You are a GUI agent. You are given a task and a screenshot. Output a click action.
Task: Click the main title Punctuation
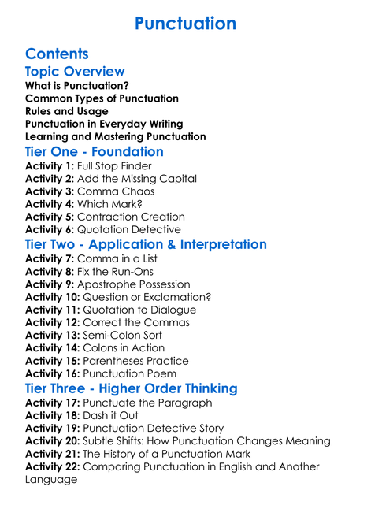(185, 24)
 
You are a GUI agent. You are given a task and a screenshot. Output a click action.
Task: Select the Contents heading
(57, 54)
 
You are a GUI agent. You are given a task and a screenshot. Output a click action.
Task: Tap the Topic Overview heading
(75, 72)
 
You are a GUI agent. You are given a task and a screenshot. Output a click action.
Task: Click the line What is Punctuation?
(77, 86)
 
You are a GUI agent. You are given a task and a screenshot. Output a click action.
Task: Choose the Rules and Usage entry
(67, 111)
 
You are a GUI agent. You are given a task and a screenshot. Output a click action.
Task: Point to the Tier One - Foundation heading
(95, 151)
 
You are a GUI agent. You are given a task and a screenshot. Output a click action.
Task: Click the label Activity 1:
(50, 166)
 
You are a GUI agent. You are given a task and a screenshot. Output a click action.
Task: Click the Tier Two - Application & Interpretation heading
(146, 244)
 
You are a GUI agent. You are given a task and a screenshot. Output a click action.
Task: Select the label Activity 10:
(54, 297)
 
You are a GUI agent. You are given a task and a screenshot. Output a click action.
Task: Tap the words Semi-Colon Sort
(128, 335)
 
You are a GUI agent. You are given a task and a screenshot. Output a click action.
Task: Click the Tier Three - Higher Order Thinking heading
(131, 388)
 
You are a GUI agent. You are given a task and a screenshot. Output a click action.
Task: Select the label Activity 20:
(54, 441)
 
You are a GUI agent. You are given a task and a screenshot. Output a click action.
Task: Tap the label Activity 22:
(54, 466)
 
